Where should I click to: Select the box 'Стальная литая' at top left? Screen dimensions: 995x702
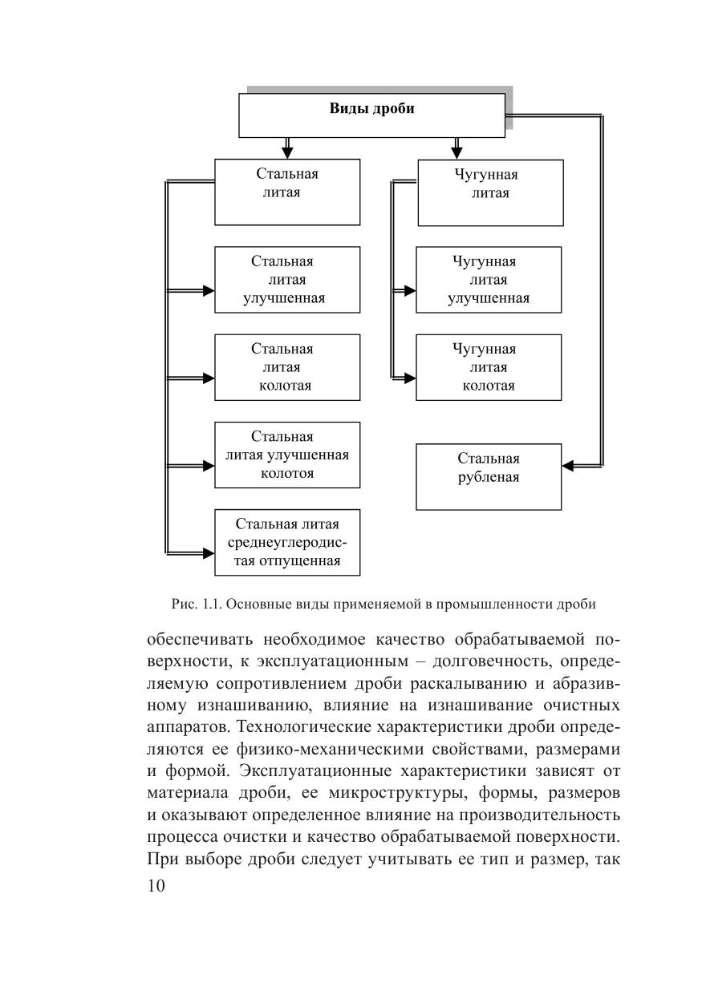(287, 192)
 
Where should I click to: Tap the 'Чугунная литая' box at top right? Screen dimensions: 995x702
(490, 192)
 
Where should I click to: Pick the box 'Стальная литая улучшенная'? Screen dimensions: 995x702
(287, 280)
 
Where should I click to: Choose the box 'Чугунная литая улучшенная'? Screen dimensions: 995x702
(489, 280)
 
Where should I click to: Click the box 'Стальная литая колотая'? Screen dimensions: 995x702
(287, 367)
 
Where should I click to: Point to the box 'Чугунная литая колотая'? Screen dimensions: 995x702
(489, 367)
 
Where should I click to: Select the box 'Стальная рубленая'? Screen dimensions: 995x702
(489, 477)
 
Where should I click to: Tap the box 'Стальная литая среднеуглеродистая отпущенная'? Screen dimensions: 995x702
(287, 542)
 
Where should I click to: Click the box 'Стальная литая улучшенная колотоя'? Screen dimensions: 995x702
(287, 455)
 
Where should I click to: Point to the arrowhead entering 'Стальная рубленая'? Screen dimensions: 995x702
(567, 465)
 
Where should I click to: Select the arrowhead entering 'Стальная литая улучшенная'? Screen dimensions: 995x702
(208, 289)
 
